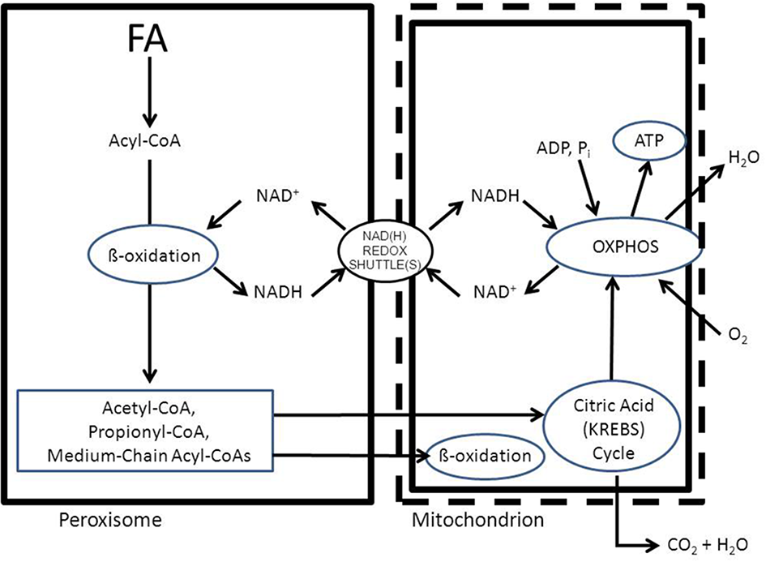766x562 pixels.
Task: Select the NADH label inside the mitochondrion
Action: tap(494, 198)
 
